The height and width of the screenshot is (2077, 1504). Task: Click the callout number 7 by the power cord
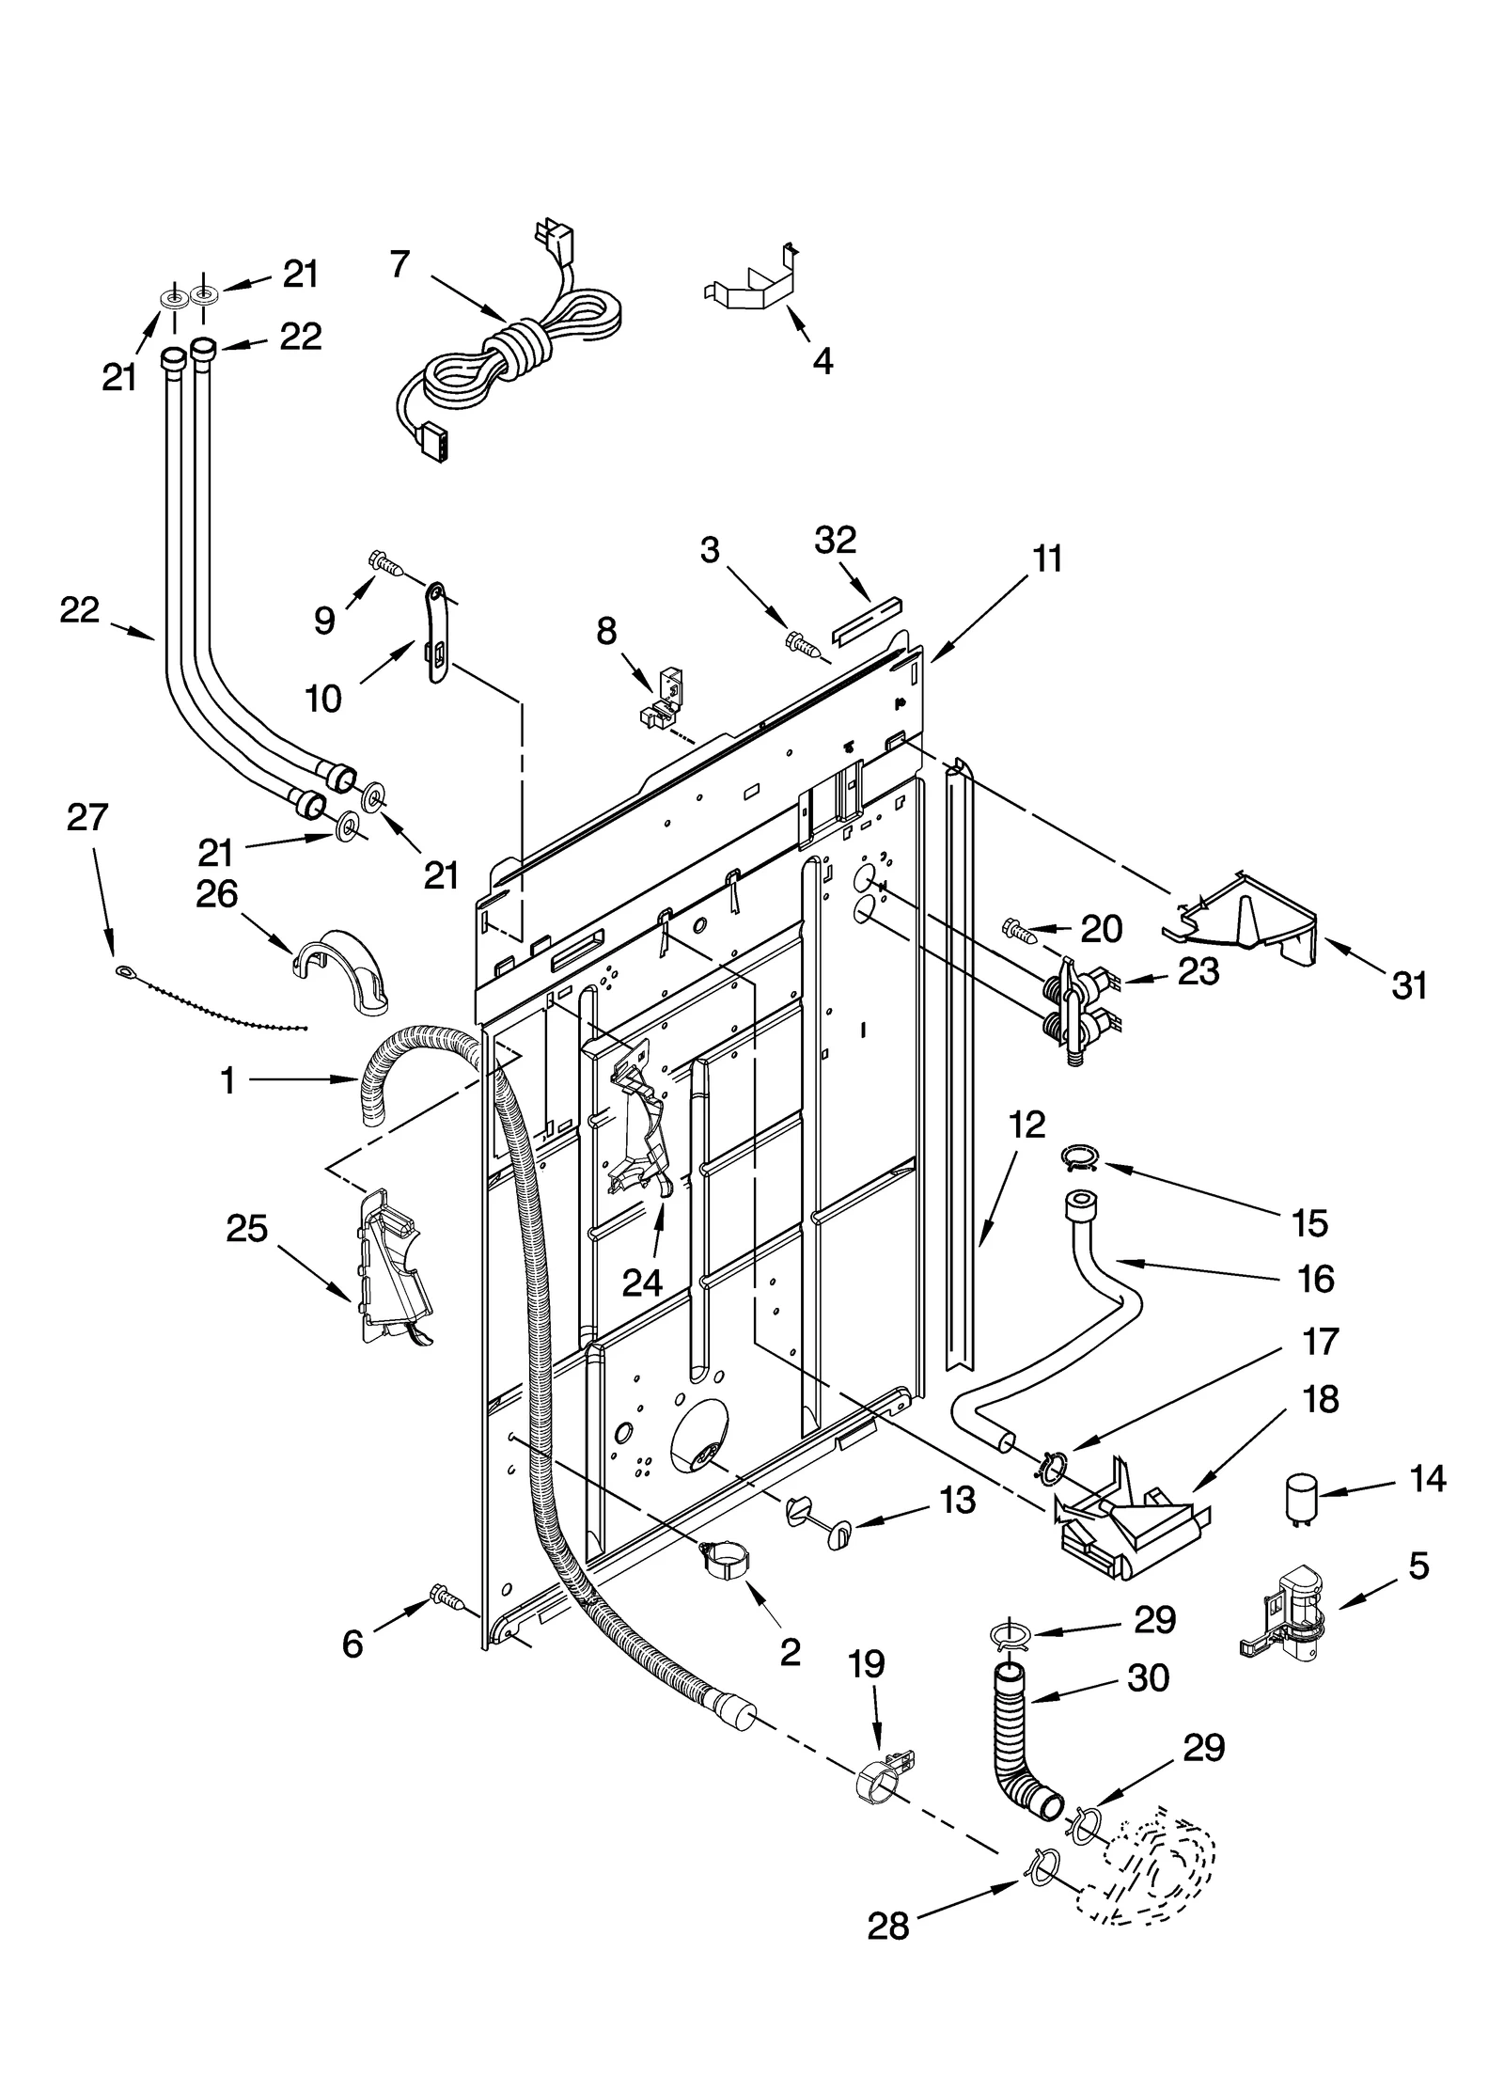pyautogui.click(x=400, y=265)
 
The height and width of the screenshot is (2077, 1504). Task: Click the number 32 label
pyautogui.click(x=835, y=540)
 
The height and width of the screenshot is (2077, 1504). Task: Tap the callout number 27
pyautogui.click(x=87, y=817)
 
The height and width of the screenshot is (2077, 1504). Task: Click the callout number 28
pyautogui.click(x=888, y=1975)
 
